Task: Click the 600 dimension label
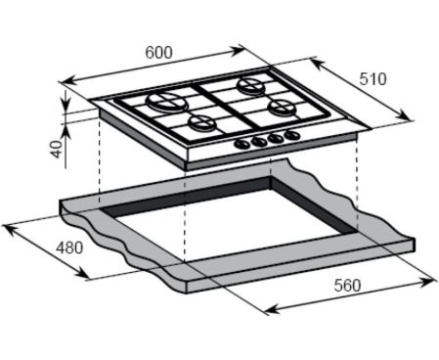click(158, 53)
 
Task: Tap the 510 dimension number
click(373, 79)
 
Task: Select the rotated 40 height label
click(57, 149)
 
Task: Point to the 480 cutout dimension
click(69, 248)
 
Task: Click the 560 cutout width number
click(347, 286)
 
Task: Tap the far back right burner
click(251, 85)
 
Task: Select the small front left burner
click(202, 123)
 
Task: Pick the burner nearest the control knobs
click(283, 107)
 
